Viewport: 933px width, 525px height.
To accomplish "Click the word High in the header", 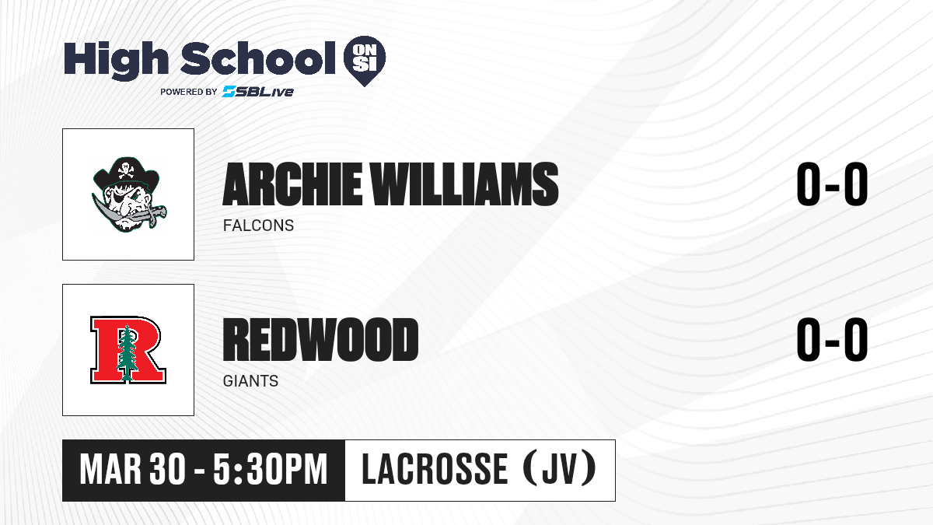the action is click(116, 60).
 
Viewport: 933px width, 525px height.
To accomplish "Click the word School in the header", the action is click(258, 58).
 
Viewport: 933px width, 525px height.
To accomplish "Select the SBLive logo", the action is click(258, 91).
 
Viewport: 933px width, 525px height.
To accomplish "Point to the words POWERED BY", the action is click(189, 92).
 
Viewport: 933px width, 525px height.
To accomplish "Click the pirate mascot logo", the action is click(128, 194).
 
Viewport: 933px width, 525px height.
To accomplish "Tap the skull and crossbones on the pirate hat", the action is click(125, 170).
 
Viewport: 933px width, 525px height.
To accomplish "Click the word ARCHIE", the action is click(292, 184).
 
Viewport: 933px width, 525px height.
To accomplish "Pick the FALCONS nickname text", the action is click(258, 226).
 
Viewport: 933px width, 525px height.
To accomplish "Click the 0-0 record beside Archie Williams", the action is click(832, 184).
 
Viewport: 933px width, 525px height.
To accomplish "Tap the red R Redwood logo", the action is click(128, 350).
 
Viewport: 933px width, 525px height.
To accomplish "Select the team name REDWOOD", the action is click(320, 340).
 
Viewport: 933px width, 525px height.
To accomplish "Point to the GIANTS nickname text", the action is click(250, 381).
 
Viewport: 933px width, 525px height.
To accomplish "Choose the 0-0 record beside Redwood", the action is click(832, 340).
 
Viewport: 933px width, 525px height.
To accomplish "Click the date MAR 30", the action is click(132, 470).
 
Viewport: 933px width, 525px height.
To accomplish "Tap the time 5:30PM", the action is click(271, 470).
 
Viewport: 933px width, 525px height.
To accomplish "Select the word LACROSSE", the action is click(435, 469).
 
